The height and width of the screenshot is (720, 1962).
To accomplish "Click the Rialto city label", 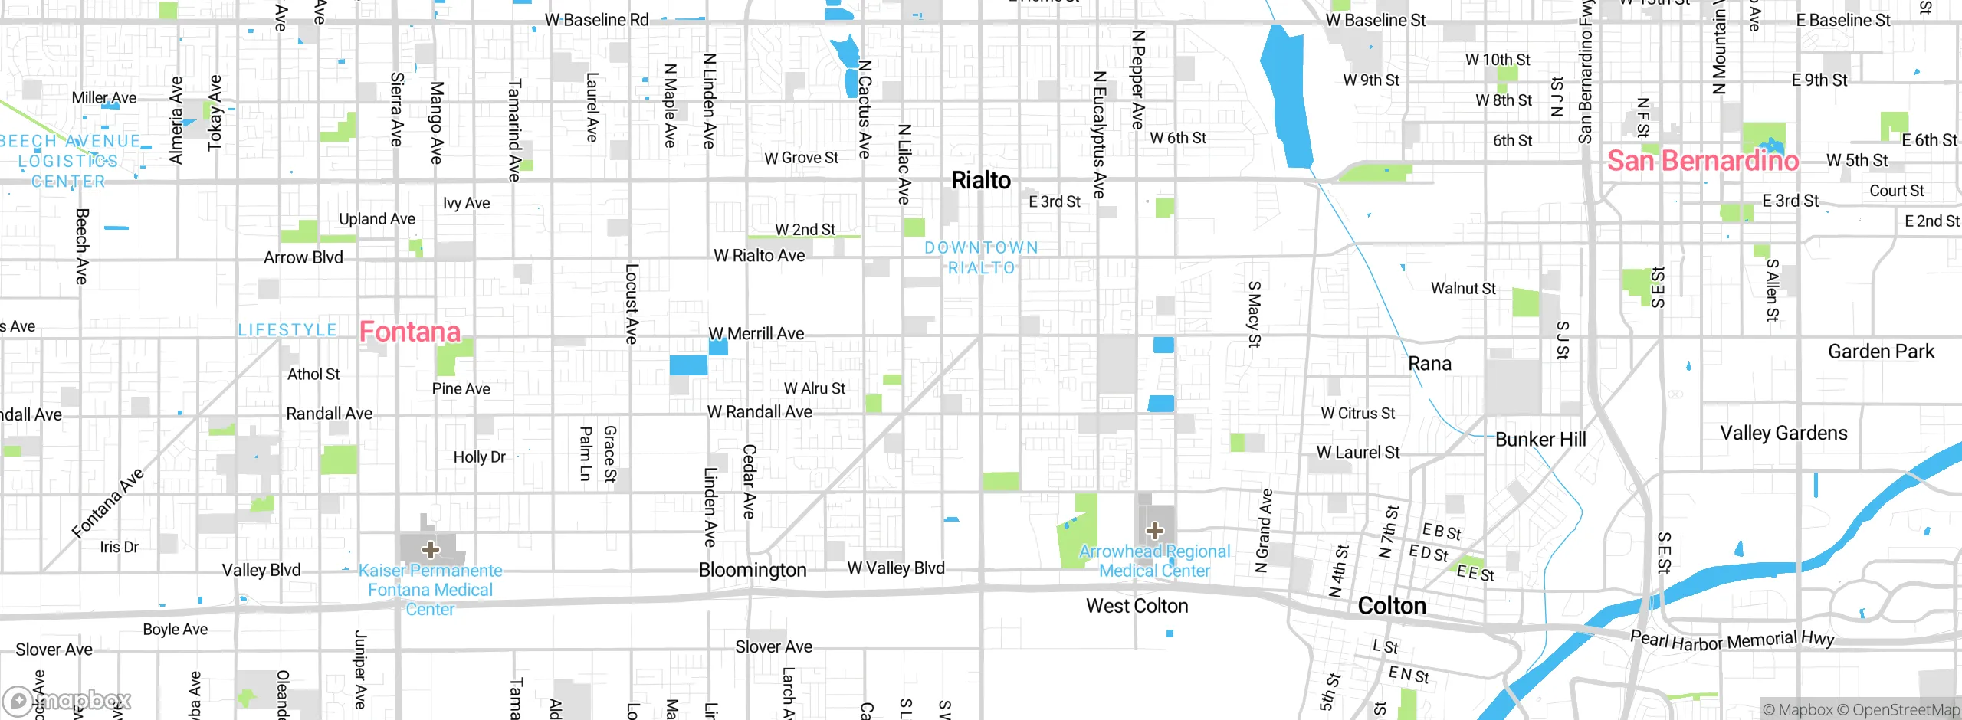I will [x=980, y=181].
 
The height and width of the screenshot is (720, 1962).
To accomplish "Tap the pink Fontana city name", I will [x=410, y=332].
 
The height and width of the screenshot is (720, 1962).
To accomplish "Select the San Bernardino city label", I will [x=1702, y=161].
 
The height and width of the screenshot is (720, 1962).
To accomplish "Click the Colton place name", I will [x=1392, y=606].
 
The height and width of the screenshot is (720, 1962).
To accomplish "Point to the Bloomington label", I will [x=752, y=570].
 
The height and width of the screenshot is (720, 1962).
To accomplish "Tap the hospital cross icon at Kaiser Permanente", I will [x=431, y=549].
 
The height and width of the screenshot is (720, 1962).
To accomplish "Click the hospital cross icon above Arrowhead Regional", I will [x=1155, y=530].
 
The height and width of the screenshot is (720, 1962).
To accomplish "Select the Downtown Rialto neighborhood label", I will [x=981, y=257].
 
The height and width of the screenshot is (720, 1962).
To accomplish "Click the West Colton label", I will [x=1137, y=606].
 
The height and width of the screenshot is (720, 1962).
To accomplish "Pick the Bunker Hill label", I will [x=1540, y=440].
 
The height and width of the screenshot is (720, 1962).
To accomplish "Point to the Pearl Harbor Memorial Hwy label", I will [x=1732, y=640].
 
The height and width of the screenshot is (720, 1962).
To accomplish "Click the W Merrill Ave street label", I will [x=756, y=334].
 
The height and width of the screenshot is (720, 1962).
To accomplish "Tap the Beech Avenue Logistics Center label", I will [x=69, y=161].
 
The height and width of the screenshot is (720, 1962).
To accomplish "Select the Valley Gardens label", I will [x=1783, y=434].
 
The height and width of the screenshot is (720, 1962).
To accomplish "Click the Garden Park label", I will [x=1881, y=352].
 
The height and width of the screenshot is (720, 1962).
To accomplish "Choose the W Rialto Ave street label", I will [x=759, y=256].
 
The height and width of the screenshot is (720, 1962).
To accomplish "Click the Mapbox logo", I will [x=67, y=700].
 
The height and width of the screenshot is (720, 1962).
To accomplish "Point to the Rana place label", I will [x=1429, y=364].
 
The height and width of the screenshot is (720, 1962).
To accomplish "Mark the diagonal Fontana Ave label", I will [x=108, y=503].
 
